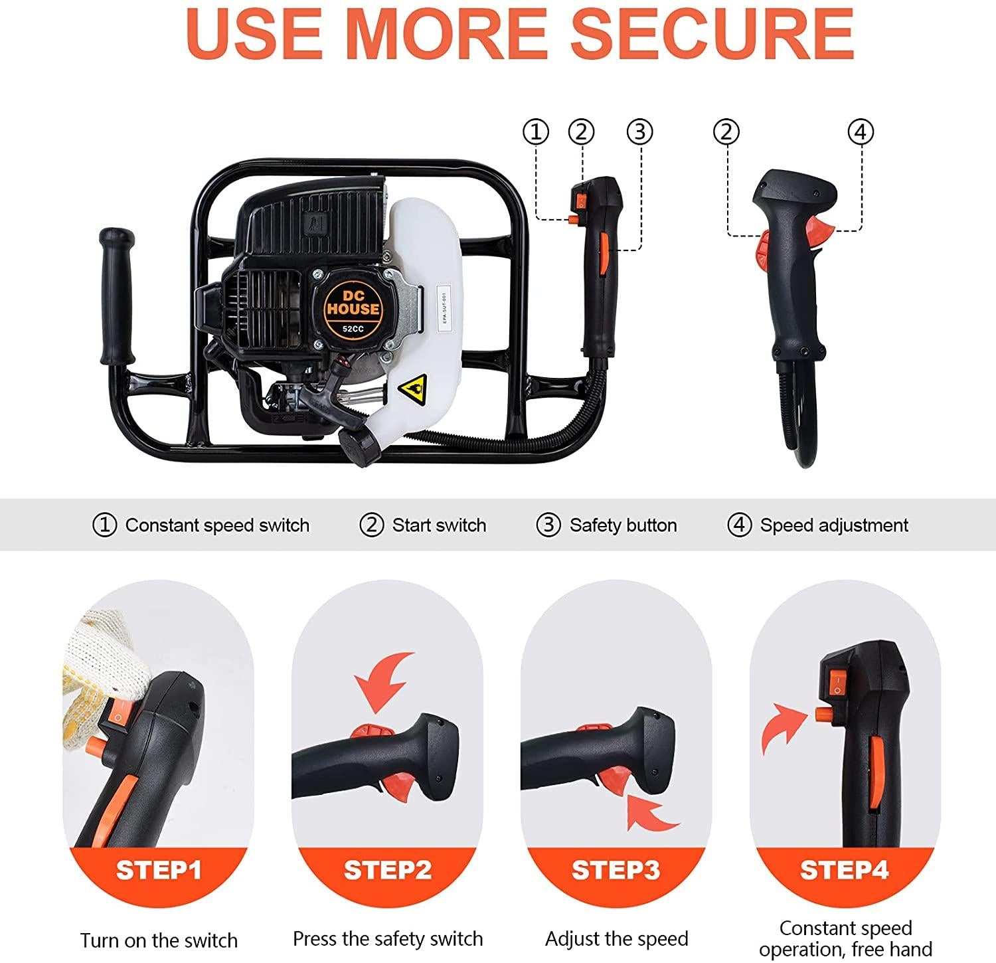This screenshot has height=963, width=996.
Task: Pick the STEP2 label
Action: pyautogui.click(x=388, y=870)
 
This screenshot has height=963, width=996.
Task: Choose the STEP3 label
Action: pyautogui.click(x=616, y=870)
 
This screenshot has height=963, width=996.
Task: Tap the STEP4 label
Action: pyautogui.click(x=845, y=870)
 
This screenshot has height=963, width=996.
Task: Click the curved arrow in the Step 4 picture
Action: pyautogui.click(x=783, y=731)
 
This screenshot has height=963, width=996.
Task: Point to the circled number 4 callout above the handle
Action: pyautogui.click(x=861, y=132)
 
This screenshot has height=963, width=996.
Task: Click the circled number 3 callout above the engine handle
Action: pyautogui.click(x=640, y=132)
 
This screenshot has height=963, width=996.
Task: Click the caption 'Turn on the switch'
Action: pyautogui.click(x=159, y=940)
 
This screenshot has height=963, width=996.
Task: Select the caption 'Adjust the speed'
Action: pyautogui.click(x=616, y=939)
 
